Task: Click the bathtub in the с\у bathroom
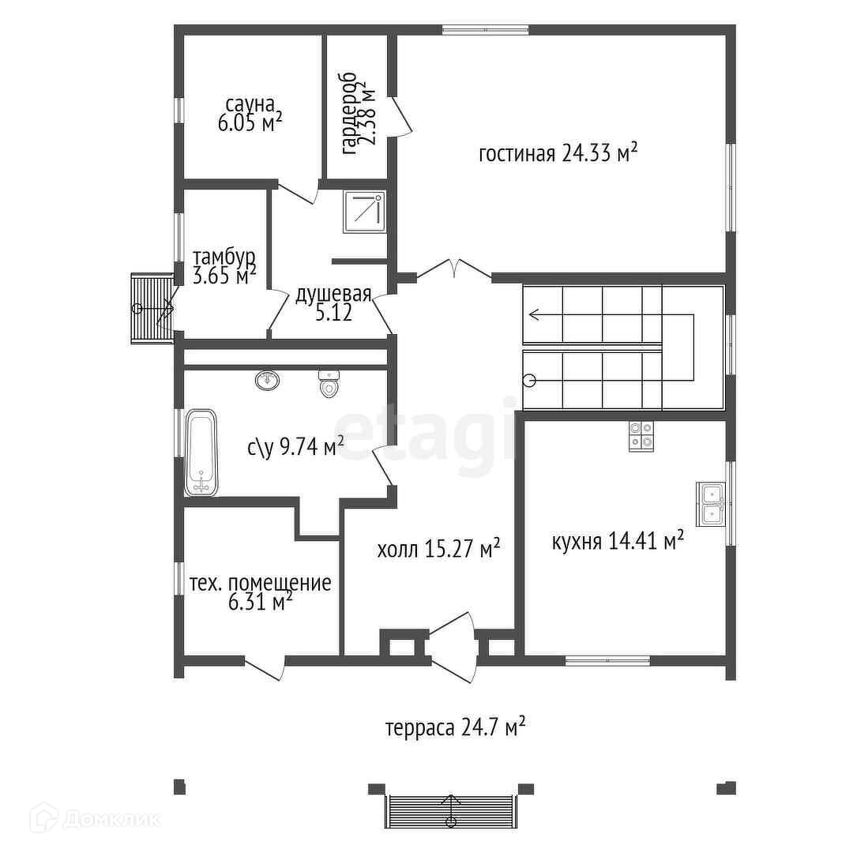(201, 453)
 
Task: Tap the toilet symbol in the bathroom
(329, 384)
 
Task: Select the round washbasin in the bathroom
(267, 380)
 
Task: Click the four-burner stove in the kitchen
(641, 436)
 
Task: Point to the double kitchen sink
(710, 504)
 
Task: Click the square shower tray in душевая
(364, 212)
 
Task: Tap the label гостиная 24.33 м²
(558, 153)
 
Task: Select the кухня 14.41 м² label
(618, 541)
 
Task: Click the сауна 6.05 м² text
(250, 115)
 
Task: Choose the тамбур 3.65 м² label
(224, 267)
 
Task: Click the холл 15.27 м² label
(438, 549)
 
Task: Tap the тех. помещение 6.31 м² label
(260, 592)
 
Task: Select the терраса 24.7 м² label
(456, 727)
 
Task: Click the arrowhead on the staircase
(534, 314)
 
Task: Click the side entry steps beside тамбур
(152, 309)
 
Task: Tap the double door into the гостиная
(454, 269)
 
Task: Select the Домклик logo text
(111, 817)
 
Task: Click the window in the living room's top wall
(485, 29)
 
